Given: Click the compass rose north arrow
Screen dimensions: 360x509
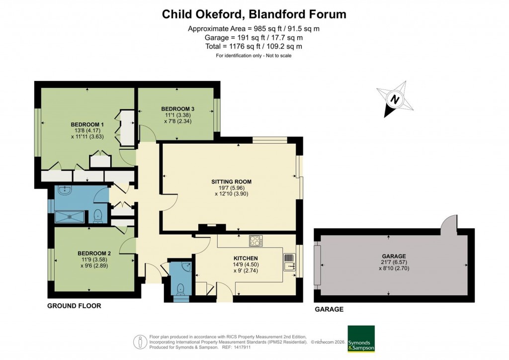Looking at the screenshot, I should (x=395, y=99).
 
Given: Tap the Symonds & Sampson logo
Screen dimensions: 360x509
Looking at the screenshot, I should (x=361, y=339).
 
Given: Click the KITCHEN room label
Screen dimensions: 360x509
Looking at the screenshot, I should (x=246, y=259).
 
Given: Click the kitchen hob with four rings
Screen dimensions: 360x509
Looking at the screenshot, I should (x=255, y=241).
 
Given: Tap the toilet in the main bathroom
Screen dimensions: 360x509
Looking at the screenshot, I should (x=98, y=216).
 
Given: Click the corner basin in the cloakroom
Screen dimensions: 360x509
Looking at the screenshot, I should (x=184, y=267).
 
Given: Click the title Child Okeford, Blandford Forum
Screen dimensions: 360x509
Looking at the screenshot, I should (x=254, y=14).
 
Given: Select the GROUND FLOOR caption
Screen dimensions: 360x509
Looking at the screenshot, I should (x=74, y=306).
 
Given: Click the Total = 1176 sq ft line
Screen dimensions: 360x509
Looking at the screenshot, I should (x=254, y=46).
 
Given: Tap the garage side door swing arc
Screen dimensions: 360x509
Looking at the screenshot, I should (x=449, y=221).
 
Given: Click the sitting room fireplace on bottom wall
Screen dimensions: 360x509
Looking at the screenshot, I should (x=211, y=228).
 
